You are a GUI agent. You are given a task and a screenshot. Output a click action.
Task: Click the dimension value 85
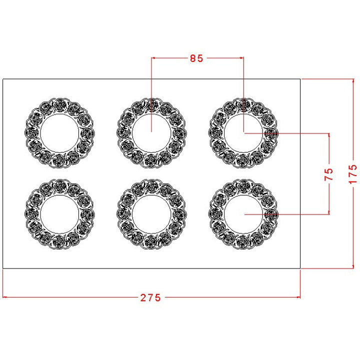pos(196,58)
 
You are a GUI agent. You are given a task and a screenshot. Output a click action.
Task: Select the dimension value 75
pos(328,174)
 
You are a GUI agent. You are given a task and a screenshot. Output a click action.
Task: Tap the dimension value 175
pos(353,174)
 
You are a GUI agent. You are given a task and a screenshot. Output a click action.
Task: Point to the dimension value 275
pos(150,298)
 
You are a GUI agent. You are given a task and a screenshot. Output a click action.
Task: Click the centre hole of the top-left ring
pos(59,133)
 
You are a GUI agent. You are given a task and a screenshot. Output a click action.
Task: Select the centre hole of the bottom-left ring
pos(59,214)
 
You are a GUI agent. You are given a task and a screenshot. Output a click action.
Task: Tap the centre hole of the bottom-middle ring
pos(151,214)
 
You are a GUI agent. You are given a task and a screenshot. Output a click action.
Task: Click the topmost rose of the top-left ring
pos(60,105)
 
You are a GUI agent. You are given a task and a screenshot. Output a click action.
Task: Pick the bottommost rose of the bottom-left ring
pos(59,242)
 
